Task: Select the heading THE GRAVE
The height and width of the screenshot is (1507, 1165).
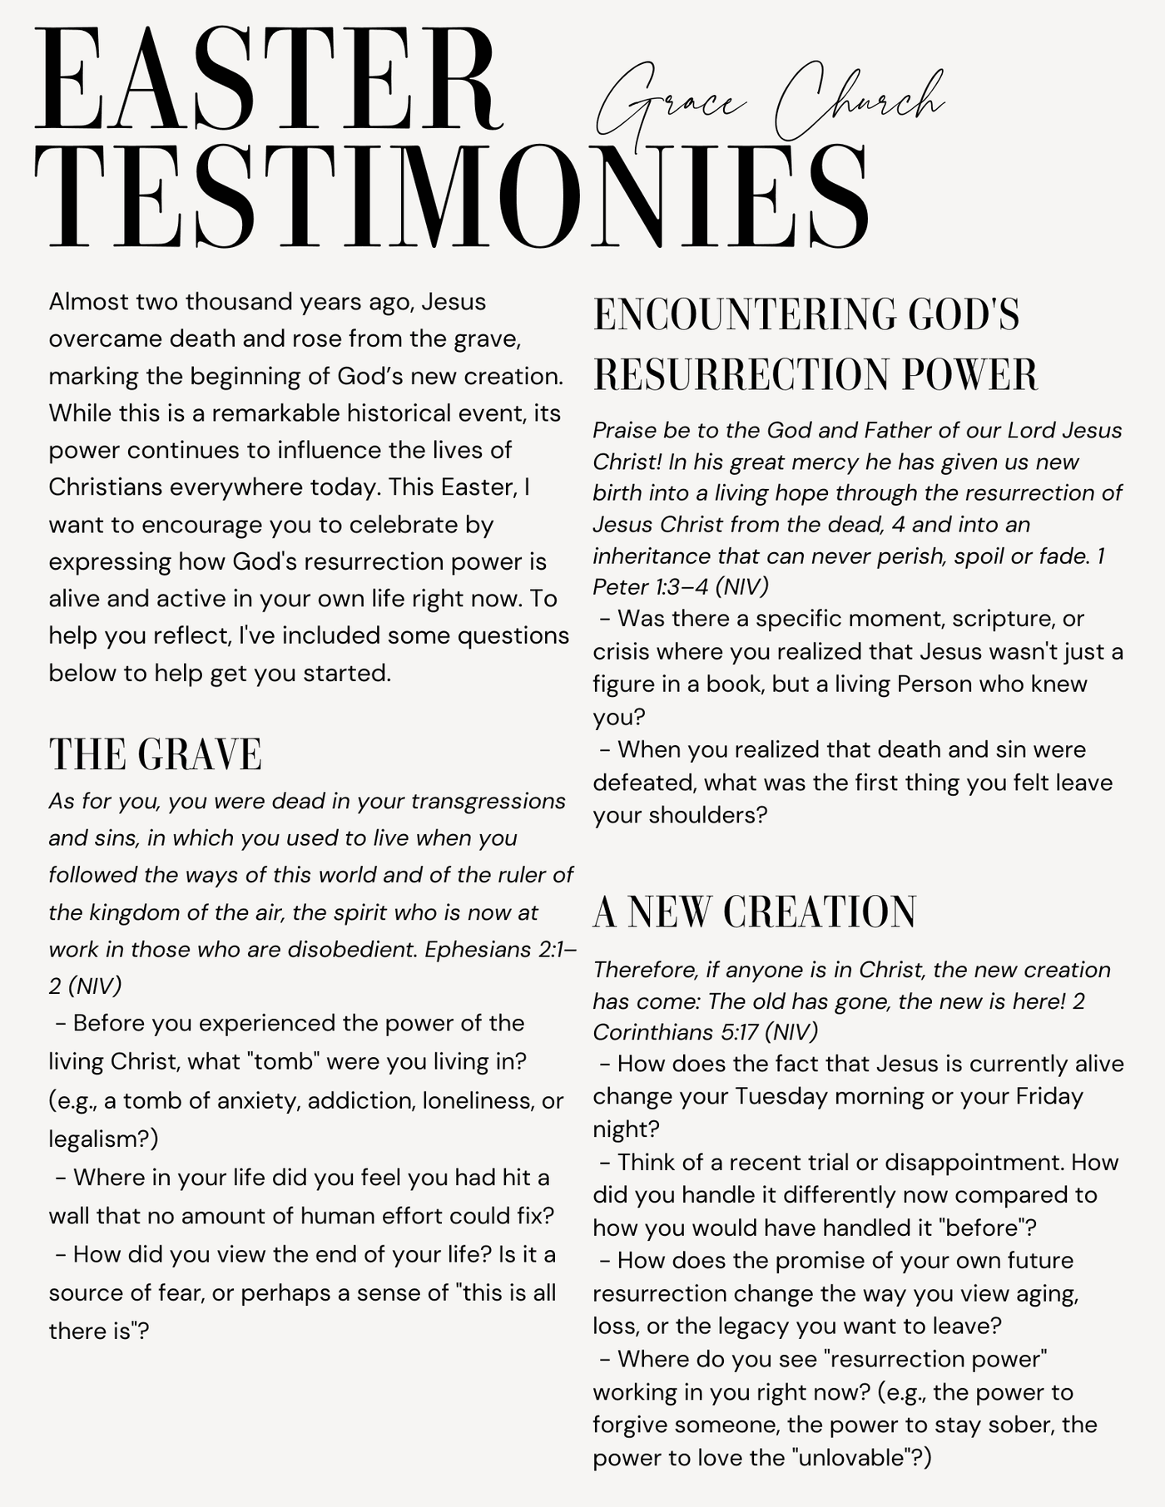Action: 156,755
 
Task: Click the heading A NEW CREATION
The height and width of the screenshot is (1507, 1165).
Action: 754,912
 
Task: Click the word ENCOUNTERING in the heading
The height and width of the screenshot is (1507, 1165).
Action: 742,316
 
